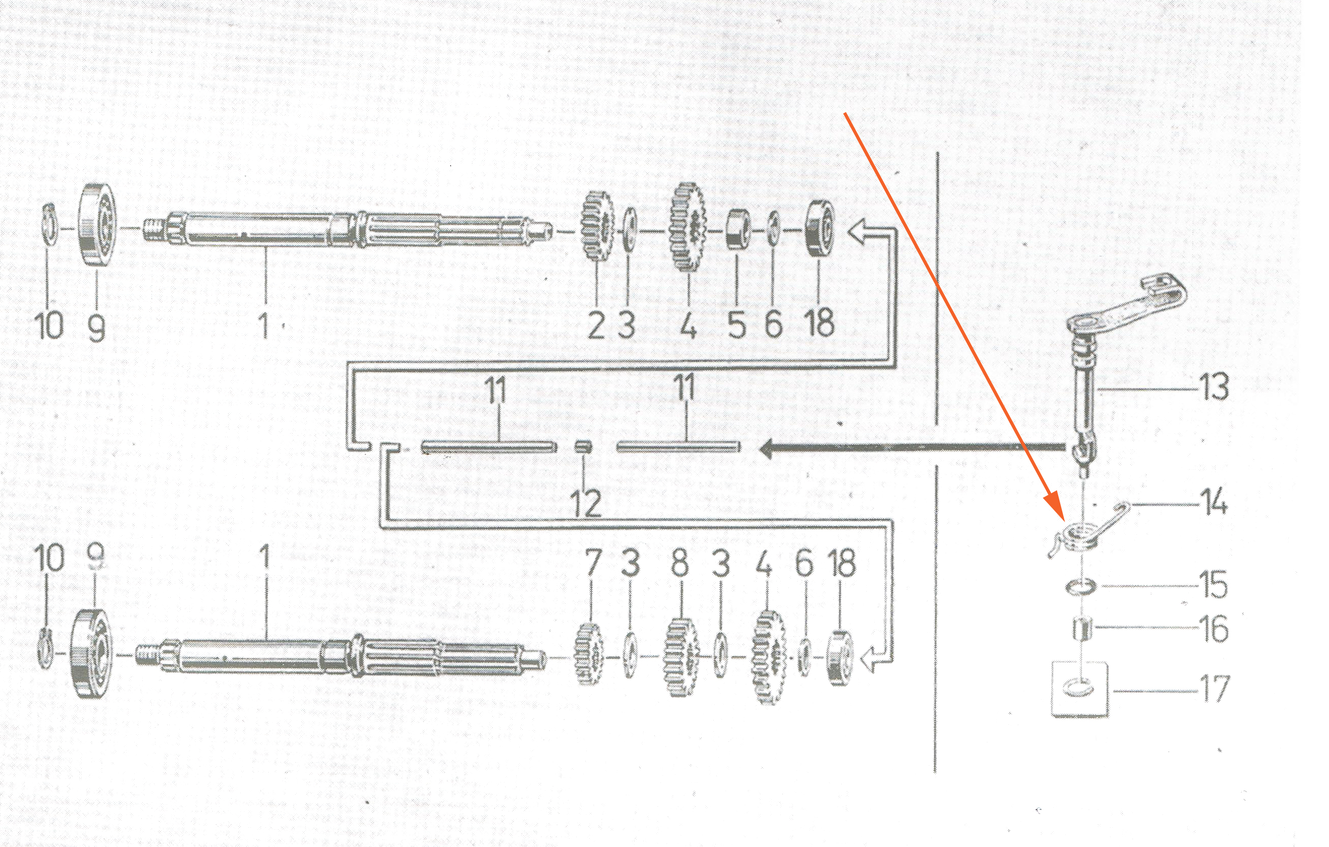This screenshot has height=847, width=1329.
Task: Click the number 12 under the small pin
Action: point(586,503)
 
